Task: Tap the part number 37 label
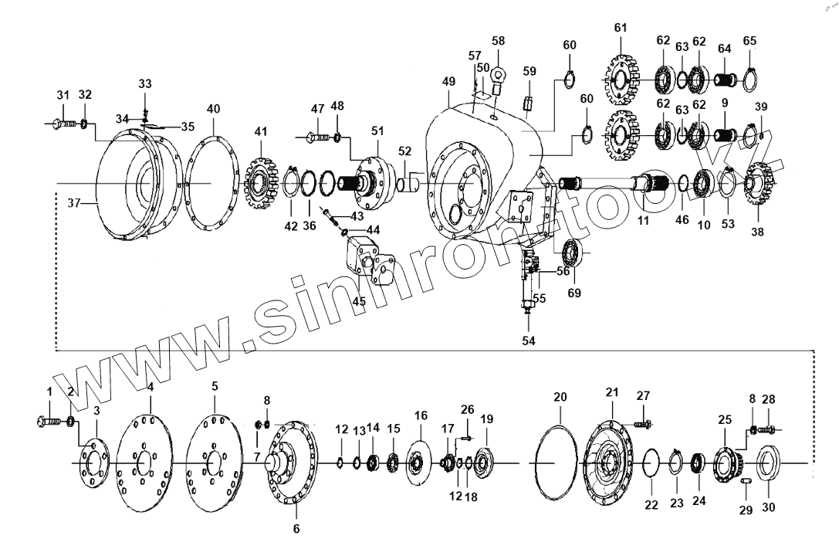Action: coord(73,203)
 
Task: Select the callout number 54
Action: coord(528,339)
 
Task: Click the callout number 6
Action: coord(296,529)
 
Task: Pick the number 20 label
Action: coord(560,396)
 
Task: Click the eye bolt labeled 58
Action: coord(497,77)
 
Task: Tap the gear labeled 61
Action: coord(621,80)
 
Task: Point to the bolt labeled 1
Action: coord(49,421)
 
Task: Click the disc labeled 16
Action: coord(421,463)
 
